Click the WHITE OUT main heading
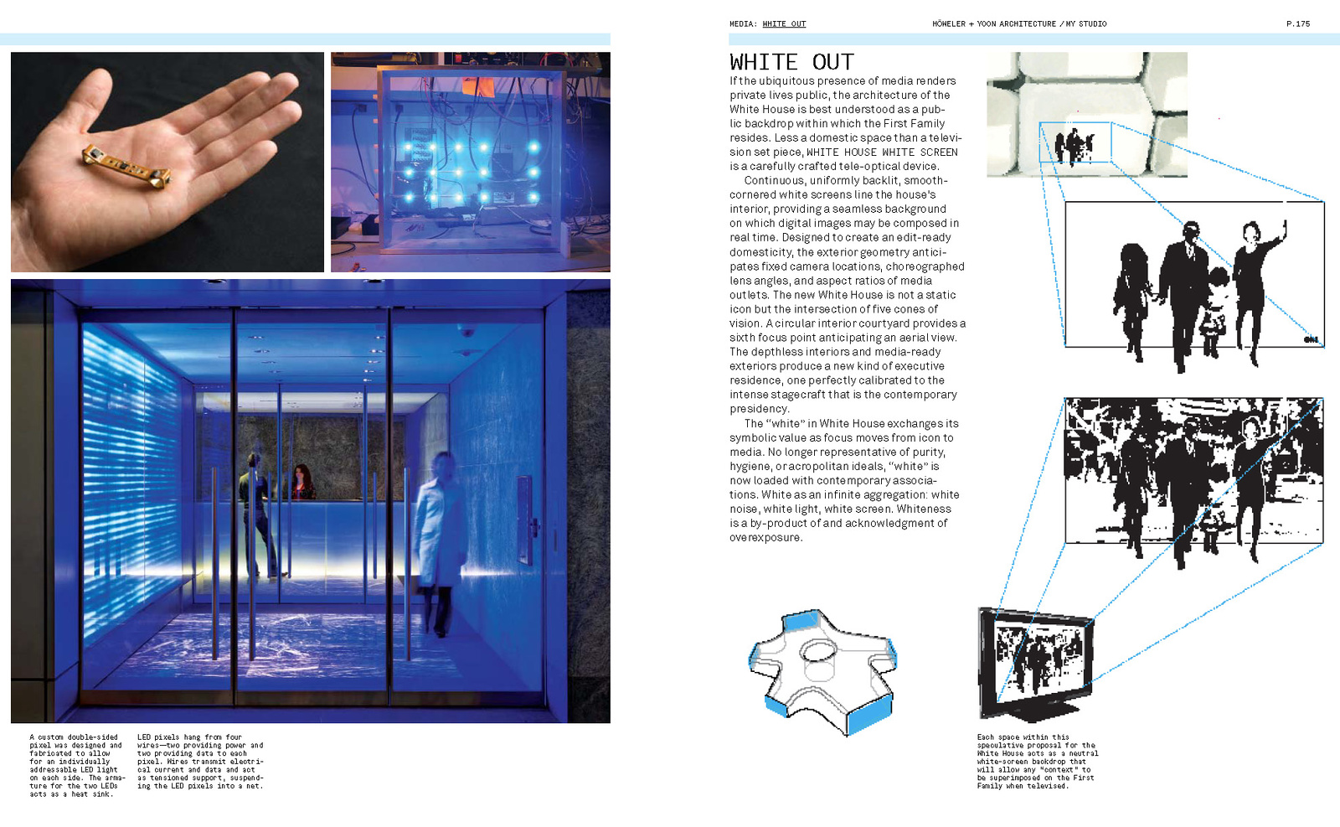[791, 62]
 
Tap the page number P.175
[1298, 23]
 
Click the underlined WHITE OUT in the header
[784, 23]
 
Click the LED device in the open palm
[126, 164]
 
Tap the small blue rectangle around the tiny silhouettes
[1075, 142]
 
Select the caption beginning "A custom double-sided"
[75, 766]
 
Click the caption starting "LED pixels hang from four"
[200, 762]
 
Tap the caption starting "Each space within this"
[1037, 762]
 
